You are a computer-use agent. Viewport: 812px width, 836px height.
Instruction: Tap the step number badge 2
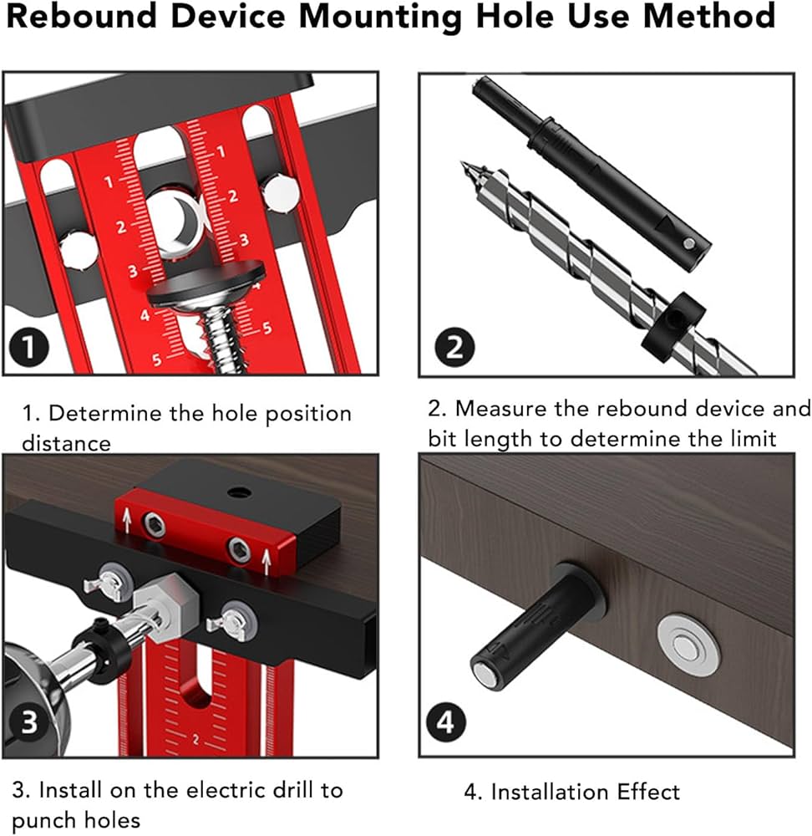454,345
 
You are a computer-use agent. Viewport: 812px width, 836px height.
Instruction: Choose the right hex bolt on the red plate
237,546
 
